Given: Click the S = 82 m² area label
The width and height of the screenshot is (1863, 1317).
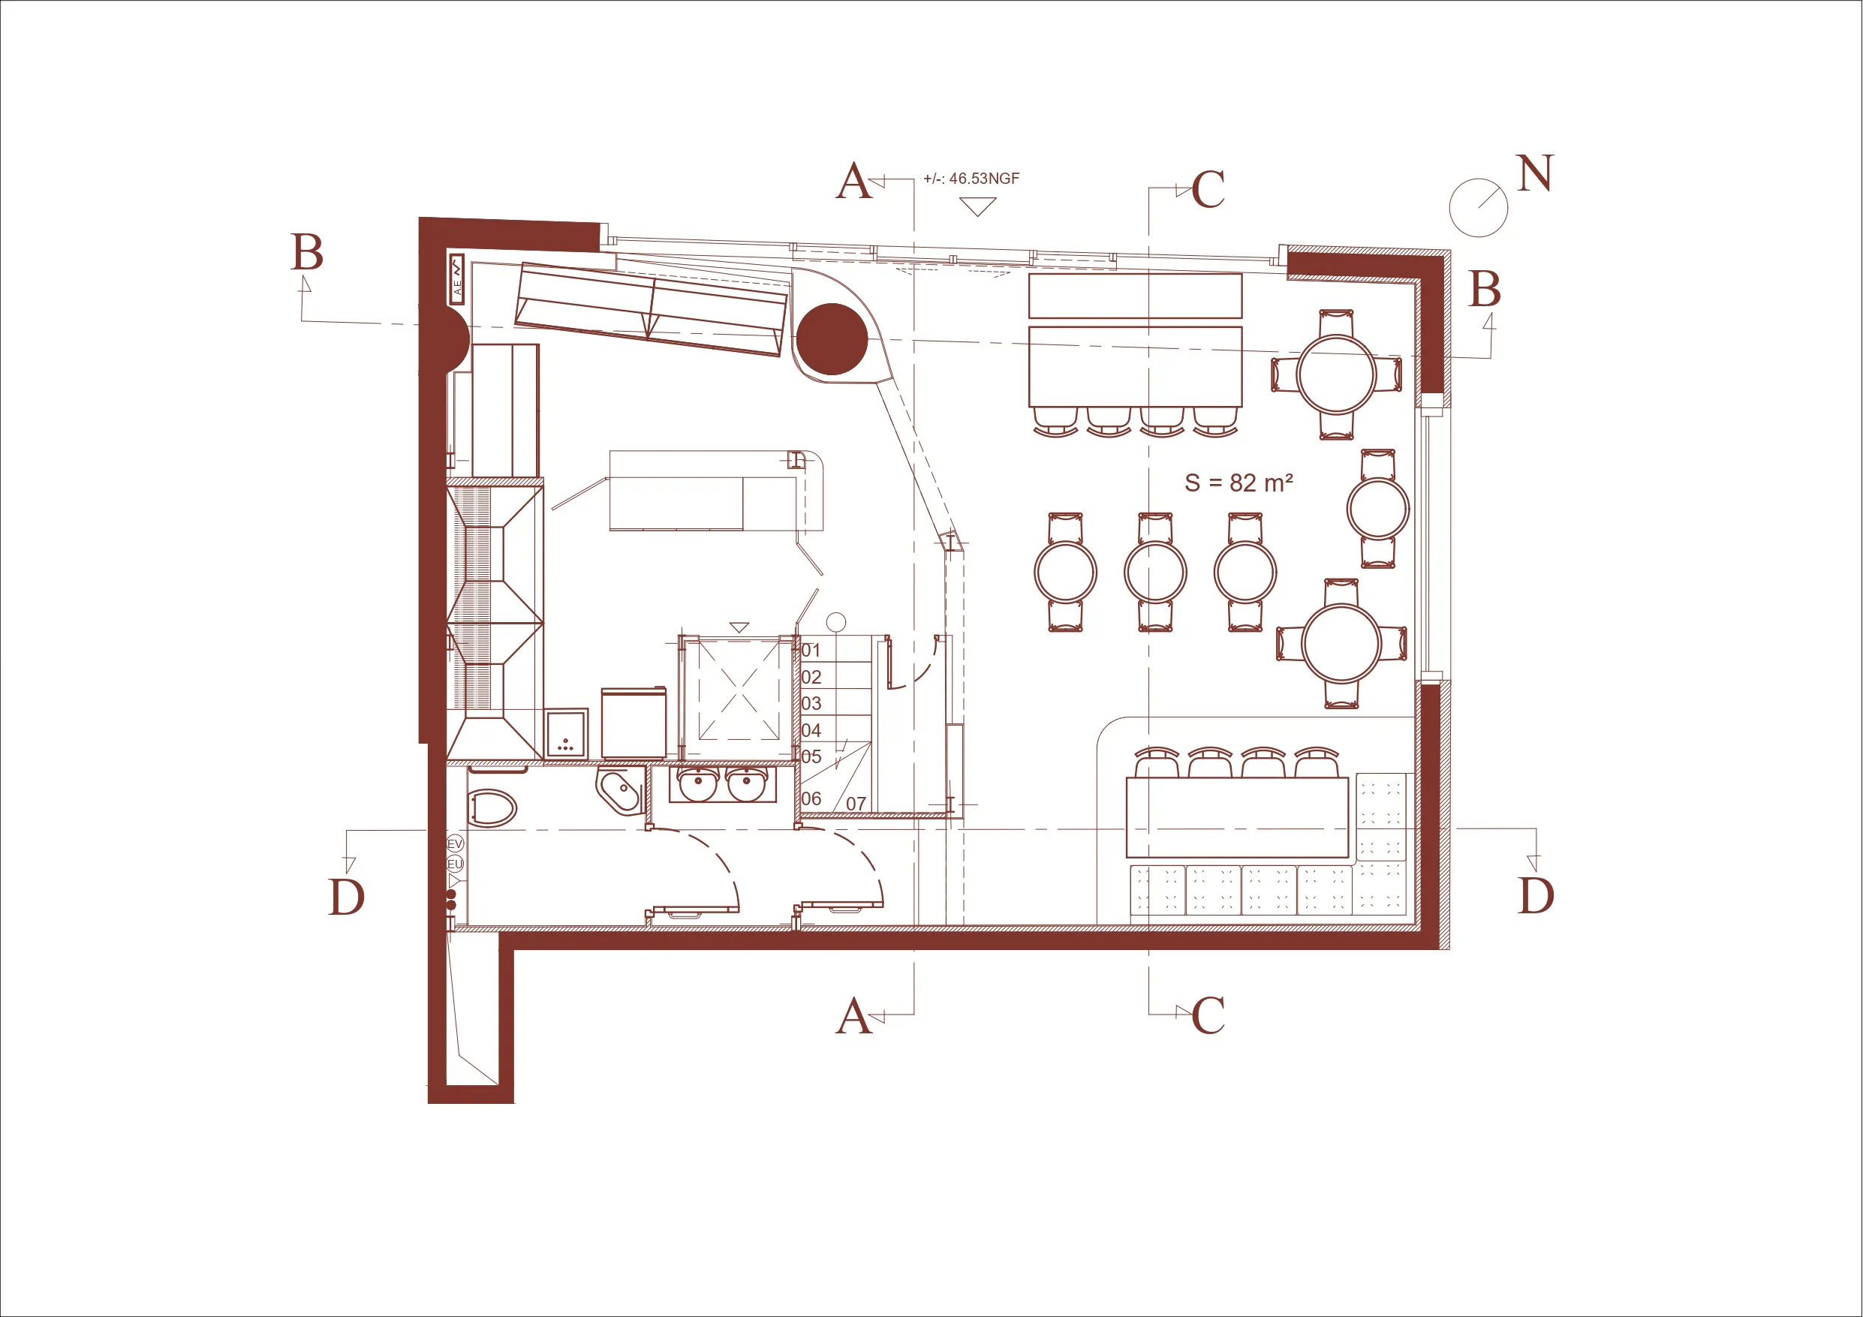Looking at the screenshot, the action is coord(1238,483).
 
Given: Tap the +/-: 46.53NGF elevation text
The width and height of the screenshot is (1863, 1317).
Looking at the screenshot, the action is coord(971,179).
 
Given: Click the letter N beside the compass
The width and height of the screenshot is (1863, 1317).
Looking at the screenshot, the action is coord(1534,173).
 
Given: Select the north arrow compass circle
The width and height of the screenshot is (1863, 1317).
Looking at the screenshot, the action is coord(1479,208).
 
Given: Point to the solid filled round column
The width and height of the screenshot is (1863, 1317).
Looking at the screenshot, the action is coord(832,339).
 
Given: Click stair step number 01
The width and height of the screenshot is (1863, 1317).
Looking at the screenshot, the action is coord(811,650).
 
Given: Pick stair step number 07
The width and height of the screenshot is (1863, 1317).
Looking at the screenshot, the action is coord(856,804).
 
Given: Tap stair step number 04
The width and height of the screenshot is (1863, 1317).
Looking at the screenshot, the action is coord(811,730).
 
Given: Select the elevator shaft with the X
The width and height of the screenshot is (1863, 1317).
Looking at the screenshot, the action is coord(739,699).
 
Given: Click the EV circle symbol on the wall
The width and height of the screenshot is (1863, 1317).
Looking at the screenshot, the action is coord(455,845).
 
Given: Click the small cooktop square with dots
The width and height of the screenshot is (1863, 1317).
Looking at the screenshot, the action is coord(567,734).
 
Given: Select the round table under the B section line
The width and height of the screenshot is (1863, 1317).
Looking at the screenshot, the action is coord(1335,375).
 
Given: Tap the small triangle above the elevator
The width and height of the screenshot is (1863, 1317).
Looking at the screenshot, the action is coord(739,627).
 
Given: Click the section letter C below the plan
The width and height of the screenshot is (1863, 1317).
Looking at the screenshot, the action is coord(1208,1015).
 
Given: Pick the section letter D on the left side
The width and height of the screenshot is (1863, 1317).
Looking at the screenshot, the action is coord(347,897).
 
